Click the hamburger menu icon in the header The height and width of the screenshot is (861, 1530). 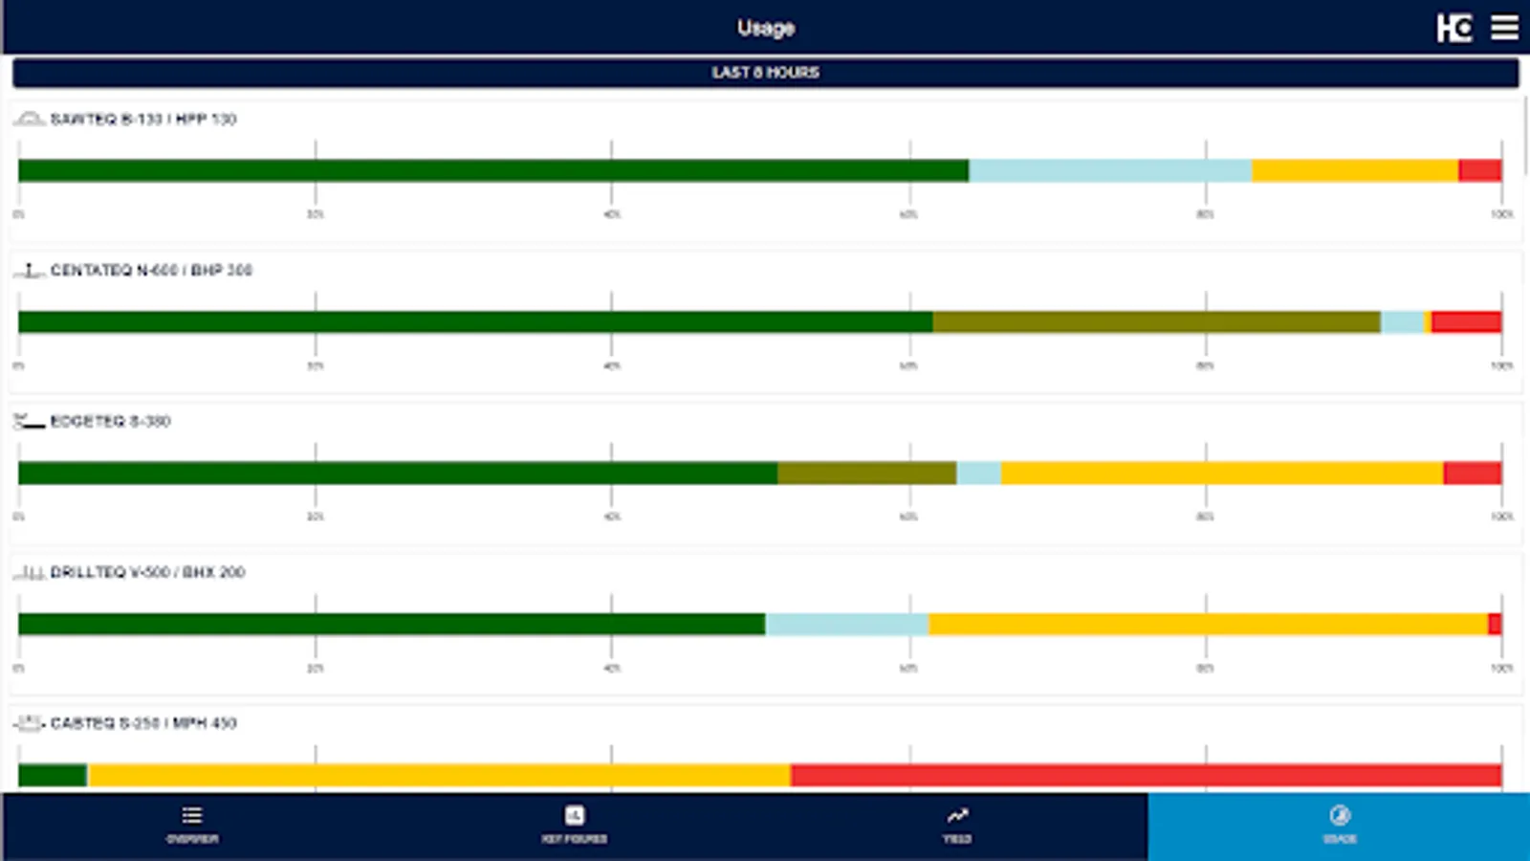point(1504,28)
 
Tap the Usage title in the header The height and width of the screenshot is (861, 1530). point(765,28)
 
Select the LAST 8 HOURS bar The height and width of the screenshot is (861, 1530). point(765,73)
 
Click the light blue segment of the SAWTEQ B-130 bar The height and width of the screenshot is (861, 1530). point(1109,170)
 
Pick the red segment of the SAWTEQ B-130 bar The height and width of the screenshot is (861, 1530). point(1479,170)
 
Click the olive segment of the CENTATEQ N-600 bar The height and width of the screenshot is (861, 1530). point(1156,321)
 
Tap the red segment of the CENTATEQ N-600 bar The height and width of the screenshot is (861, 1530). point(1466,321)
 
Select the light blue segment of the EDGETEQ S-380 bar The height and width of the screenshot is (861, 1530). point(978,473)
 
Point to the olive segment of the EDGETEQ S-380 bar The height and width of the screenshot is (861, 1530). point(866,473)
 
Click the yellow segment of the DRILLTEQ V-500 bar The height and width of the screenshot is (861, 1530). point(1208,624)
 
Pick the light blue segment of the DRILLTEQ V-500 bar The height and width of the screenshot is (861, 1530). point(846,624)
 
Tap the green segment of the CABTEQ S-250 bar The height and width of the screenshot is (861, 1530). point(53,775)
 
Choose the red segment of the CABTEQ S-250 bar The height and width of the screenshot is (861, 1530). point(1146,775)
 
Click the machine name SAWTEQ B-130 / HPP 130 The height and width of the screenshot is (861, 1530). point(143,119)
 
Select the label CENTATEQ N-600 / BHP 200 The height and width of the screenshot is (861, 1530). point(151,270)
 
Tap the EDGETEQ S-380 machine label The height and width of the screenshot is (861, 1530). point(110,421)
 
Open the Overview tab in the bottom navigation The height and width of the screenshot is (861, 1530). point(192,825)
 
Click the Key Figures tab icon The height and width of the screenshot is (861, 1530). point(574,815)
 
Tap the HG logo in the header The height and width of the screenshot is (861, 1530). point(1453,28)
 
